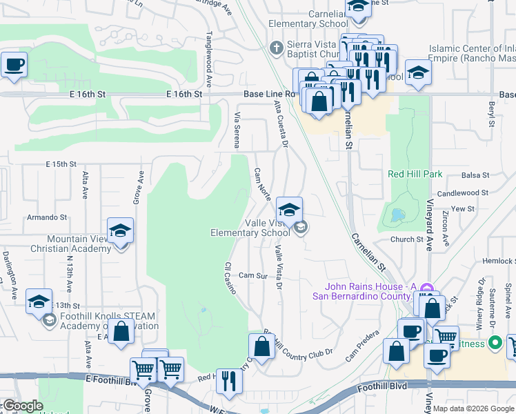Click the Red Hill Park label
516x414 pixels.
click(x=415, y=175)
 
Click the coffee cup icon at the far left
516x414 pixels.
click(x=14, y=66)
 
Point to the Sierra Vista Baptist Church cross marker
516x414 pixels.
click(x=276, y=48)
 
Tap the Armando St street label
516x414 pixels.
click(x=46, y=217)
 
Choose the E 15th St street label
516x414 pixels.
click(x=60, y=164)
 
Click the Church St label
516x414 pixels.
click(x=406, y=239)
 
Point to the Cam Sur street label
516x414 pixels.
click(x=252, y=275)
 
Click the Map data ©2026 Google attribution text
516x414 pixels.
click(x=473, y=408)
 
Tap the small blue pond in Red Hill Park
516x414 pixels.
click(x=397, y=215)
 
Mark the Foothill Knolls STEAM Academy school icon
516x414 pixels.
click(x=39, y=302)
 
